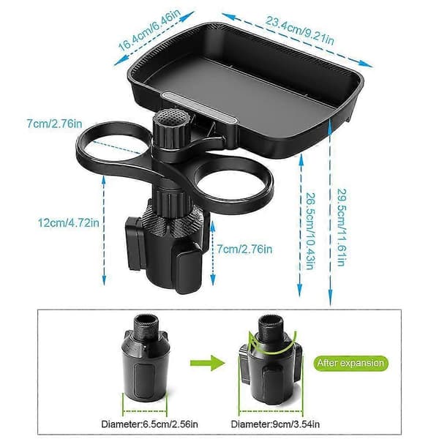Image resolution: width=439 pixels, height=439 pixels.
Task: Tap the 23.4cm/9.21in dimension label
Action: pos(299,31)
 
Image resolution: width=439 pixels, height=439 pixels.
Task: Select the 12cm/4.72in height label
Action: pos(69,223)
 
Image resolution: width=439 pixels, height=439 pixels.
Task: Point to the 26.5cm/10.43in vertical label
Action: pos(309,231)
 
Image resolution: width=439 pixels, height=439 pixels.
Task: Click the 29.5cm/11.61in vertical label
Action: pos(342,228)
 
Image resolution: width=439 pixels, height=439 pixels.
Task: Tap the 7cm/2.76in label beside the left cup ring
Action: pos(54,124)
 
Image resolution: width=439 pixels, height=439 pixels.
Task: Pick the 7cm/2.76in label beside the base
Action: pos(244,249)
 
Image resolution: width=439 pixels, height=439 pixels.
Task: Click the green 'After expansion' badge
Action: pos(350,363)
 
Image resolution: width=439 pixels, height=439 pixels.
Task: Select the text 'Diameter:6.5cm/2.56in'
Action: pos(150,424)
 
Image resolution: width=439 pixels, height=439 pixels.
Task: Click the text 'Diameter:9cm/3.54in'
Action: pos(275,424)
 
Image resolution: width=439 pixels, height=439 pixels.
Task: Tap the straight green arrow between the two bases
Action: pos(208,363)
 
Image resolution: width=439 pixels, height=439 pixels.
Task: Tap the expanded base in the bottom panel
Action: pos(271,361)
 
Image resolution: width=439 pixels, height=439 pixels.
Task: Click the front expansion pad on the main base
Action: pos(188,270)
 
